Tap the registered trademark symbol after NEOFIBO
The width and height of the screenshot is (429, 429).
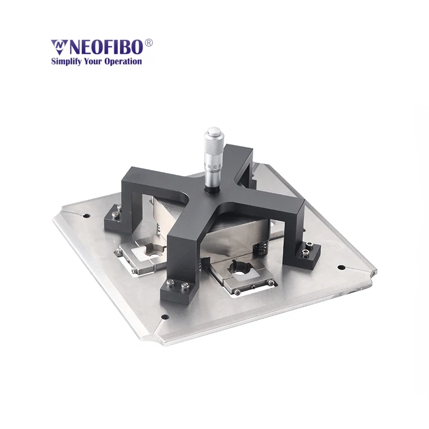149,43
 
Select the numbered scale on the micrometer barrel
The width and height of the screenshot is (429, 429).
211,169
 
